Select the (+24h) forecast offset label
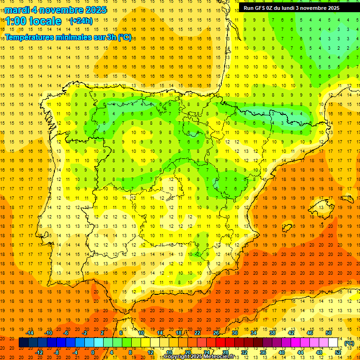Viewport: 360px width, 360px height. coord(81,21)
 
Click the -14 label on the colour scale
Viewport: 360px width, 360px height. coord(30,333)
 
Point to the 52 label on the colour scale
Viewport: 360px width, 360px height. coord(338,352)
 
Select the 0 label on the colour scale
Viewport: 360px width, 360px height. coord(93,352)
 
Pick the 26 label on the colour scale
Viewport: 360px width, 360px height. coord(216,333)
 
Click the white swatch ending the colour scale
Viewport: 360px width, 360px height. coord(333,343)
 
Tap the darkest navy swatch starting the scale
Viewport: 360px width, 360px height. coord(23,343)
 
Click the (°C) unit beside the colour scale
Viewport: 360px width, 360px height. coord(349,343)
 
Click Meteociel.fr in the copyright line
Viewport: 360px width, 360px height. coord(219,357)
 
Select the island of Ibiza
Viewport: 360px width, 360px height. coord(287,228)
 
